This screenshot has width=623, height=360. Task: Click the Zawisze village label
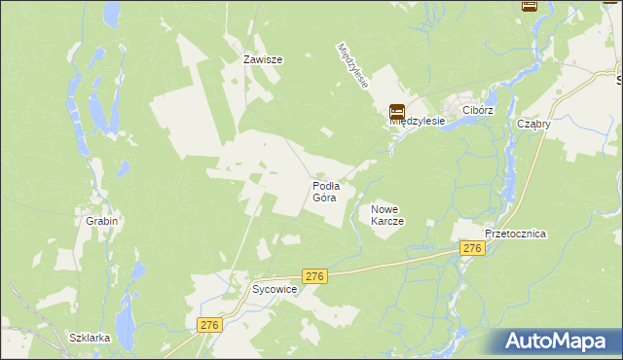click(x=263, y=59)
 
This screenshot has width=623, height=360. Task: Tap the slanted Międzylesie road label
click(x=352, y=65)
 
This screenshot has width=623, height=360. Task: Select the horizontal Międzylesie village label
click(x=417, y=122)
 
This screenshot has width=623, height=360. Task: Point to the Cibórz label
click(x=479, y=111)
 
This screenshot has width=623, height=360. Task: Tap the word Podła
click(x=325, y=185)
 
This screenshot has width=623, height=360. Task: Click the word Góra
click(x=325, y=198)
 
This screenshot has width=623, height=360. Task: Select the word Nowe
click(x=386, y=209)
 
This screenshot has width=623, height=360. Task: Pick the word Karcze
click(x=386, y=221)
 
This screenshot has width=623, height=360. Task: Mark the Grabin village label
click(x=101, y=221)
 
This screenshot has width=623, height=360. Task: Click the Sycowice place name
click(x=275, y=290)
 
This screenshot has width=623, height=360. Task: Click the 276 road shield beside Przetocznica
click(x=473, y=249)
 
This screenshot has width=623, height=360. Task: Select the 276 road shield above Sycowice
click(x=313, y=276)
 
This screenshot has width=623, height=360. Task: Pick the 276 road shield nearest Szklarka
click(x=209, y=325)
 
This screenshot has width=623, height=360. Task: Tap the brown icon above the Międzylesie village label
click(x=397, y=112)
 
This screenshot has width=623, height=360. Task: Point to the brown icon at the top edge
click(x=530, y=5)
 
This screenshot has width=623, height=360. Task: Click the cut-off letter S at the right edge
click(x=619, y=84)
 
